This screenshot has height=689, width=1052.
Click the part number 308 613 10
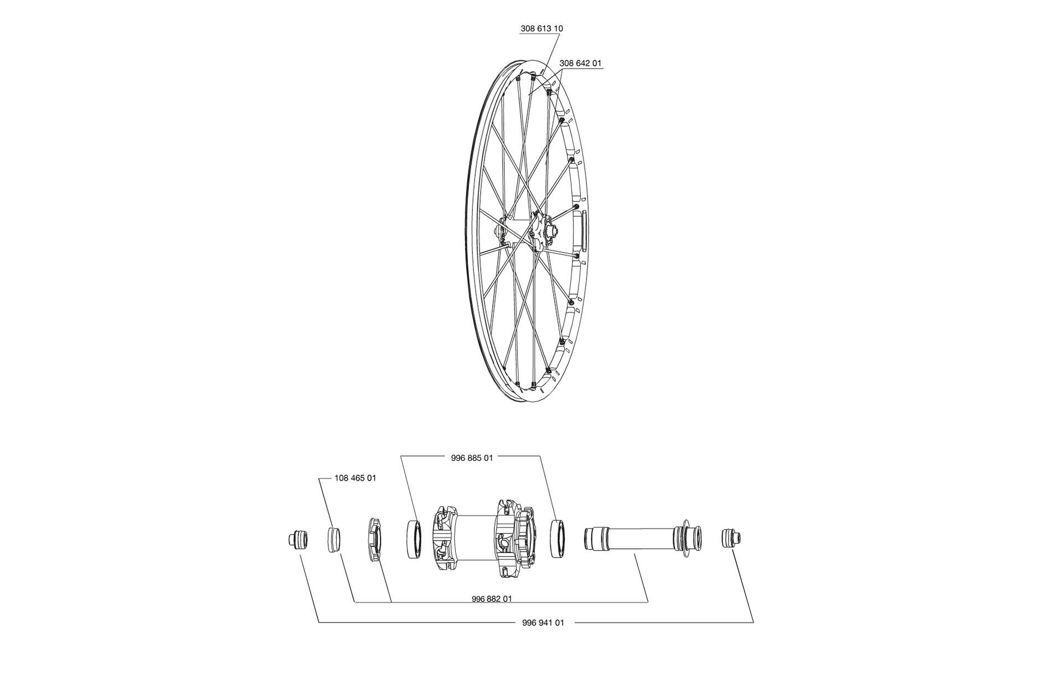coord(542,28)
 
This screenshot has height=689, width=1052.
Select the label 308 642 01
coord(580,64)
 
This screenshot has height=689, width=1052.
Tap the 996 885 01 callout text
coord(472,458)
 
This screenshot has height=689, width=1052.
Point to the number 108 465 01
coord(355,478)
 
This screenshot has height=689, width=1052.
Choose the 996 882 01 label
coord(492,599)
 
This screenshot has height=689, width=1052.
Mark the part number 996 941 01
coord(543,623)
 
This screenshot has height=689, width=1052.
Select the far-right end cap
coord(731,538)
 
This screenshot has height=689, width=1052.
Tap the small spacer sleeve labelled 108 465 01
coord(333,540)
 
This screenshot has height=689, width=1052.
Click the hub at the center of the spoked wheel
coord(540,232)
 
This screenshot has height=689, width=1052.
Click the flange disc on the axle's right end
coord(685,537)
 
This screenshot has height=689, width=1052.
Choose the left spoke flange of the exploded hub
coord(444,539)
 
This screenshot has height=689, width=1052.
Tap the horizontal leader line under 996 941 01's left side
coord(415,623)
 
